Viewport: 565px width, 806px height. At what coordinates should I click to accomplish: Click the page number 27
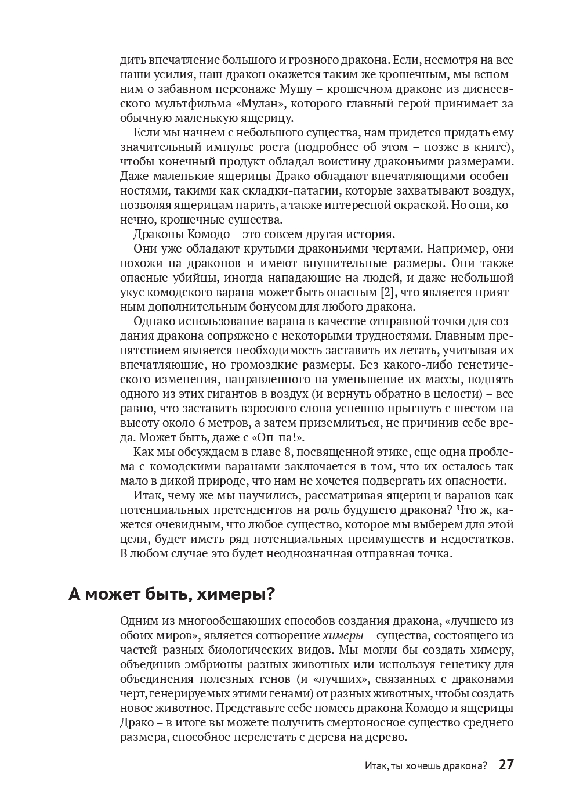[506, 764]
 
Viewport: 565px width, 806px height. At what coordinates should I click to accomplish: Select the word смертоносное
[339, 722]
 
